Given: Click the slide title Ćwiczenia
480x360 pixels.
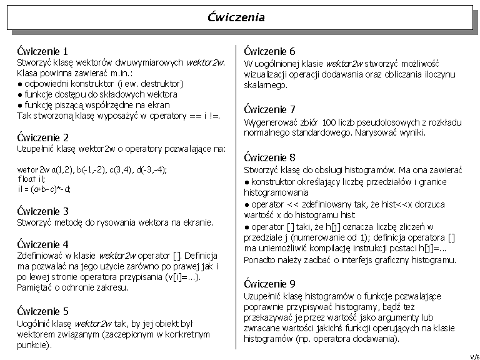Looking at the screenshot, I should pyautogui.click(x=236, y=17).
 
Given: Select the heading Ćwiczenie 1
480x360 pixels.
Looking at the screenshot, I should pyautogui.click(x=42, y=51).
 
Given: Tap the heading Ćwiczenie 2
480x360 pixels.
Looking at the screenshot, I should pyautogui.click(x=42, y=137).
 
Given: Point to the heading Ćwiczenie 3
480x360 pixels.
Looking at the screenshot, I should pyautogui.click(x=42, y=211).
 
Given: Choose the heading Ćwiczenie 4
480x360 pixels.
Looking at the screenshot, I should pyautogui.click(x=42, y=244).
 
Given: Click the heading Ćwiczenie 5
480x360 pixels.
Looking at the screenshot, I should pyautogui.click(x=42, y=311).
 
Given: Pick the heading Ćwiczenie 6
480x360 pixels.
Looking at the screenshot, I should pyautogui.click(x=269, y=51).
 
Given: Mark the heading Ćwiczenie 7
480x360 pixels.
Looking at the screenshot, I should pyautogui.click(x=269, y=110).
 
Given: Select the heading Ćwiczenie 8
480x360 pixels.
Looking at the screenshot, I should pyautogui.click(x=269, y=157).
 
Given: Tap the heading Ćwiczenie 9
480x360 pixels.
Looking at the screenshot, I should pyautogui.click(x=269, y=283).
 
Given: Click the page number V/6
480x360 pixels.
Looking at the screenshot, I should pyautogui.click(x=474, y=356).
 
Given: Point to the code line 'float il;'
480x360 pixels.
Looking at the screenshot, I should pyautogui.click(x=32, y=179).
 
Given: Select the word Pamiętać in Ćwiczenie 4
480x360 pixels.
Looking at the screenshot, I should pyautogui.click(x=34, y=287).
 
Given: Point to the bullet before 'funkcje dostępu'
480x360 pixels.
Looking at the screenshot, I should pyautogui.click(x=21, y=94).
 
